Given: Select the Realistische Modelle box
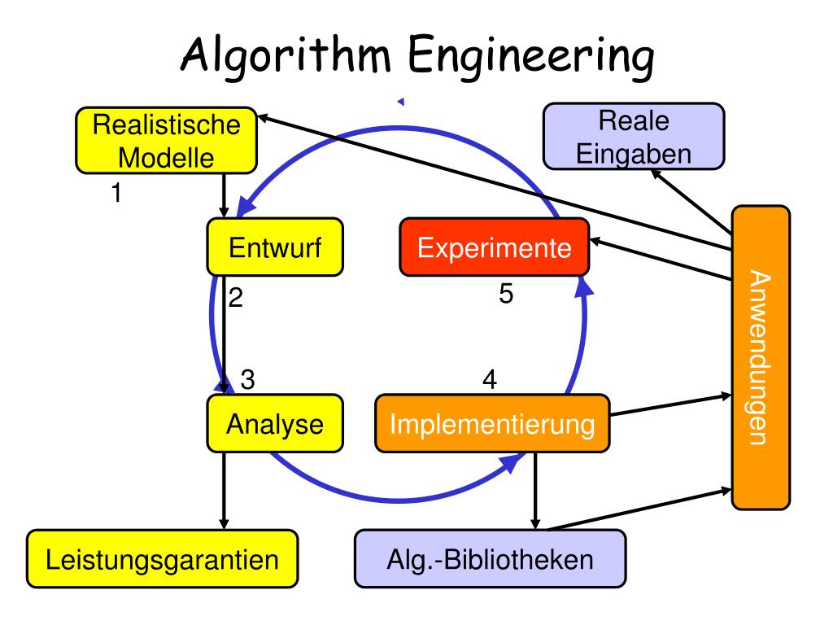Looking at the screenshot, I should (166, 141).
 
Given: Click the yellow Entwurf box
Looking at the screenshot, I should (274, 247).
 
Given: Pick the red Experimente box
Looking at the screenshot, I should (494, 247).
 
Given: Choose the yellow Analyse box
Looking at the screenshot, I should (274, 424).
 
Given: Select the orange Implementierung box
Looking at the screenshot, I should (491, 424).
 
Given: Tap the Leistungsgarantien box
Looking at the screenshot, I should (163, 560).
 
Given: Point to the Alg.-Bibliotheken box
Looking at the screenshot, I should (491, 560).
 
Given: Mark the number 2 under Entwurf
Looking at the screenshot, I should (236, 298).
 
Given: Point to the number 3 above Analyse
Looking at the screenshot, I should (248, 379).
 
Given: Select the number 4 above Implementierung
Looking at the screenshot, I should (489, 379).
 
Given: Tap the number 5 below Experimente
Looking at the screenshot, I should (506, 295).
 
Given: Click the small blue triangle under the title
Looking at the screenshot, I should (400, 102).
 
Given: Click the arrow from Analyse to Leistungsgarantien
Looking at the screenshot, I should (224, 488).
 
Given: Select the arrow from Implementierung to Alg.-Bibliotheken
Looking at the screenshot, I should (534, 488).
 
